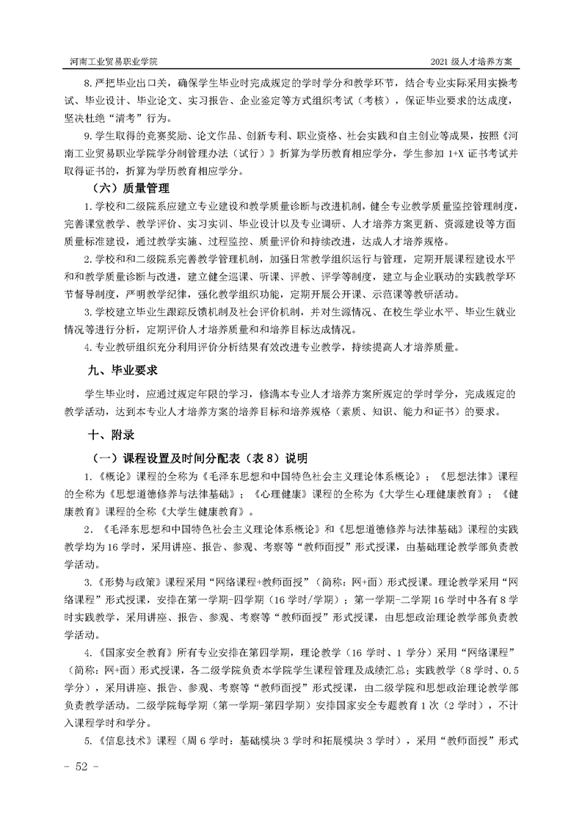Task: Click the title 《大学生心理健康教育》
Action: pyautogui.click(x=426, y=494)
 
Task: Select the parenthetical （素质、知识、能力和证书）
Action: pyautogui.click(x=396, y=411)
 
